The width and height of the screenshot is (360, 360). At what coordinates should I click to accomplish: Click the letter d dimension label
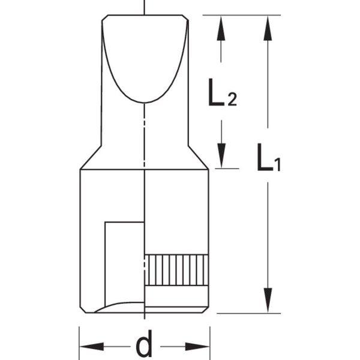(144, 346)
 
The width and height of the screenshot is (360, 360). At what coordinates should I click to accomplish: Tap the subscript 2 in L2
(232, 100)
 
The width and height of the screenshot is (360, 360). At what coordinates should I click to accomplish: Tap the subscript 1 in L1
(277, 166)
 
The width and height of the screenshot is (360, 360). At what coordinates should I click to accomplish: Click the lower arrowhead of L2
(221, 157)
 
